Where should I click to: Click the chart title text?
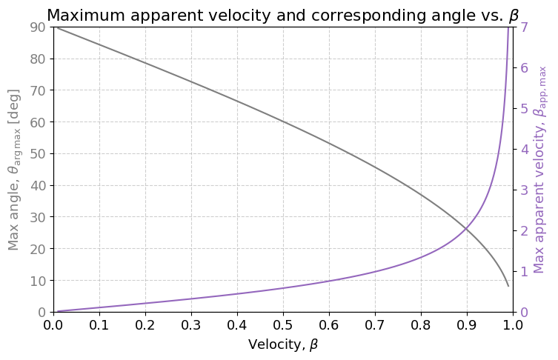282,15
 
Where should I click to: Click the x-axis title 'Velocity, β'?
282,344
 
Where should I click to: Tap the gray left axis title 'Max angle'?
14,170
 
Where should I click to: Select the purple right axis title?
540,170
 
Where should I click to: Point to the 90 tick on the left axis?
36,27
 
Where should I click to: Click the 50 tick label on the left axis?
36,153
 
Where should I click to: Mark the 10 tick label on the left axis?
36,280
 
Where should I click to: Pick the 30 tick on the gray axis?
36,217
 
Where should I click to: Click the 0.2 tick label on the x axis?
145,325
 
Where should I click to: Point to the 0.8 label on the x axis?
421,325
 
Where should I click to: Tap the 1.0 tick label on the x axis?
513,325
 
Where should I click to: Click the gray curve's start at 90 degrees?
54,27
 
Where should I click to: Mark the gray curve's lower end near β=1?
508,286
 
